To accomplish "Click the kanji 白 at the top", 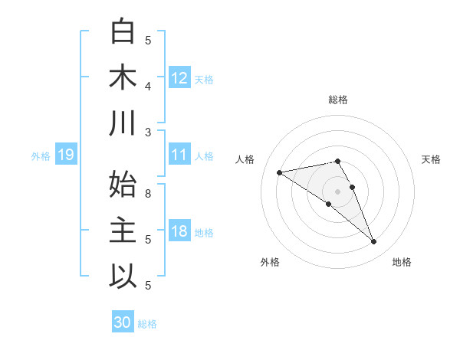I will click(x=123, y=32).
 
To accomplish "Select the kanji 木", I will click(x=123, y=78).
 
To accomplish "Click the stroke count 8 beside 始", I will click(x=149, y=194).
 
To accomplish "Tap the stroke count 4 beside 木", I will click(x=149, y=87).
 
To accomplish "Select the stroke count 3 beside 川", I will click(x=149, y=133).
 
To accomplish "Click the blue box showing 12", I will click(x=179, y=78).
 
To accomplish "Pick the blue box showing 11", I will click(x=179, y=155).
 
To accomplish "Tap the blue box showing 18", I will click(x=179, y=231).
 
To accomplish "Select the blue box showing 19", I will click(x=65, y=155).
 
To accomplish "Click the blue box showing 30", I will click(x=122, y=322).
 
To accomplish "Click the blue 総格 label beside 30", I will click(x=147, y=324).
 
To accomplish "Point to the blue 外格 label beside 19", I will click(x=41, y=156).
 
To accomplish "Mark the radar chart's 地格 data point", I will click(x=374, y=242).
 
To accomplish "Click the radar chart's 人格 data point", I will click(x=280, y=172).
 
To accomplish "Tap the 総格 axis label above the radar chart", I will click(x=337, y=100).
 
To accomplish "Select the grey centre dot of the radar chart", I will click(x=337, y=190).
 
